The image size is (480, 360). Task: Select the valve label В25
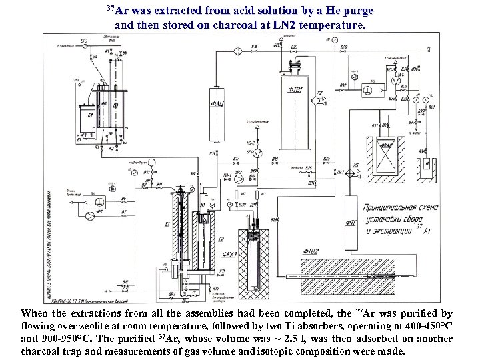(x=327, y=159)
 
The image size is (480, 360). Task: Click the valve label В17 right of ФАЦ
(x=236, y=159)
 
